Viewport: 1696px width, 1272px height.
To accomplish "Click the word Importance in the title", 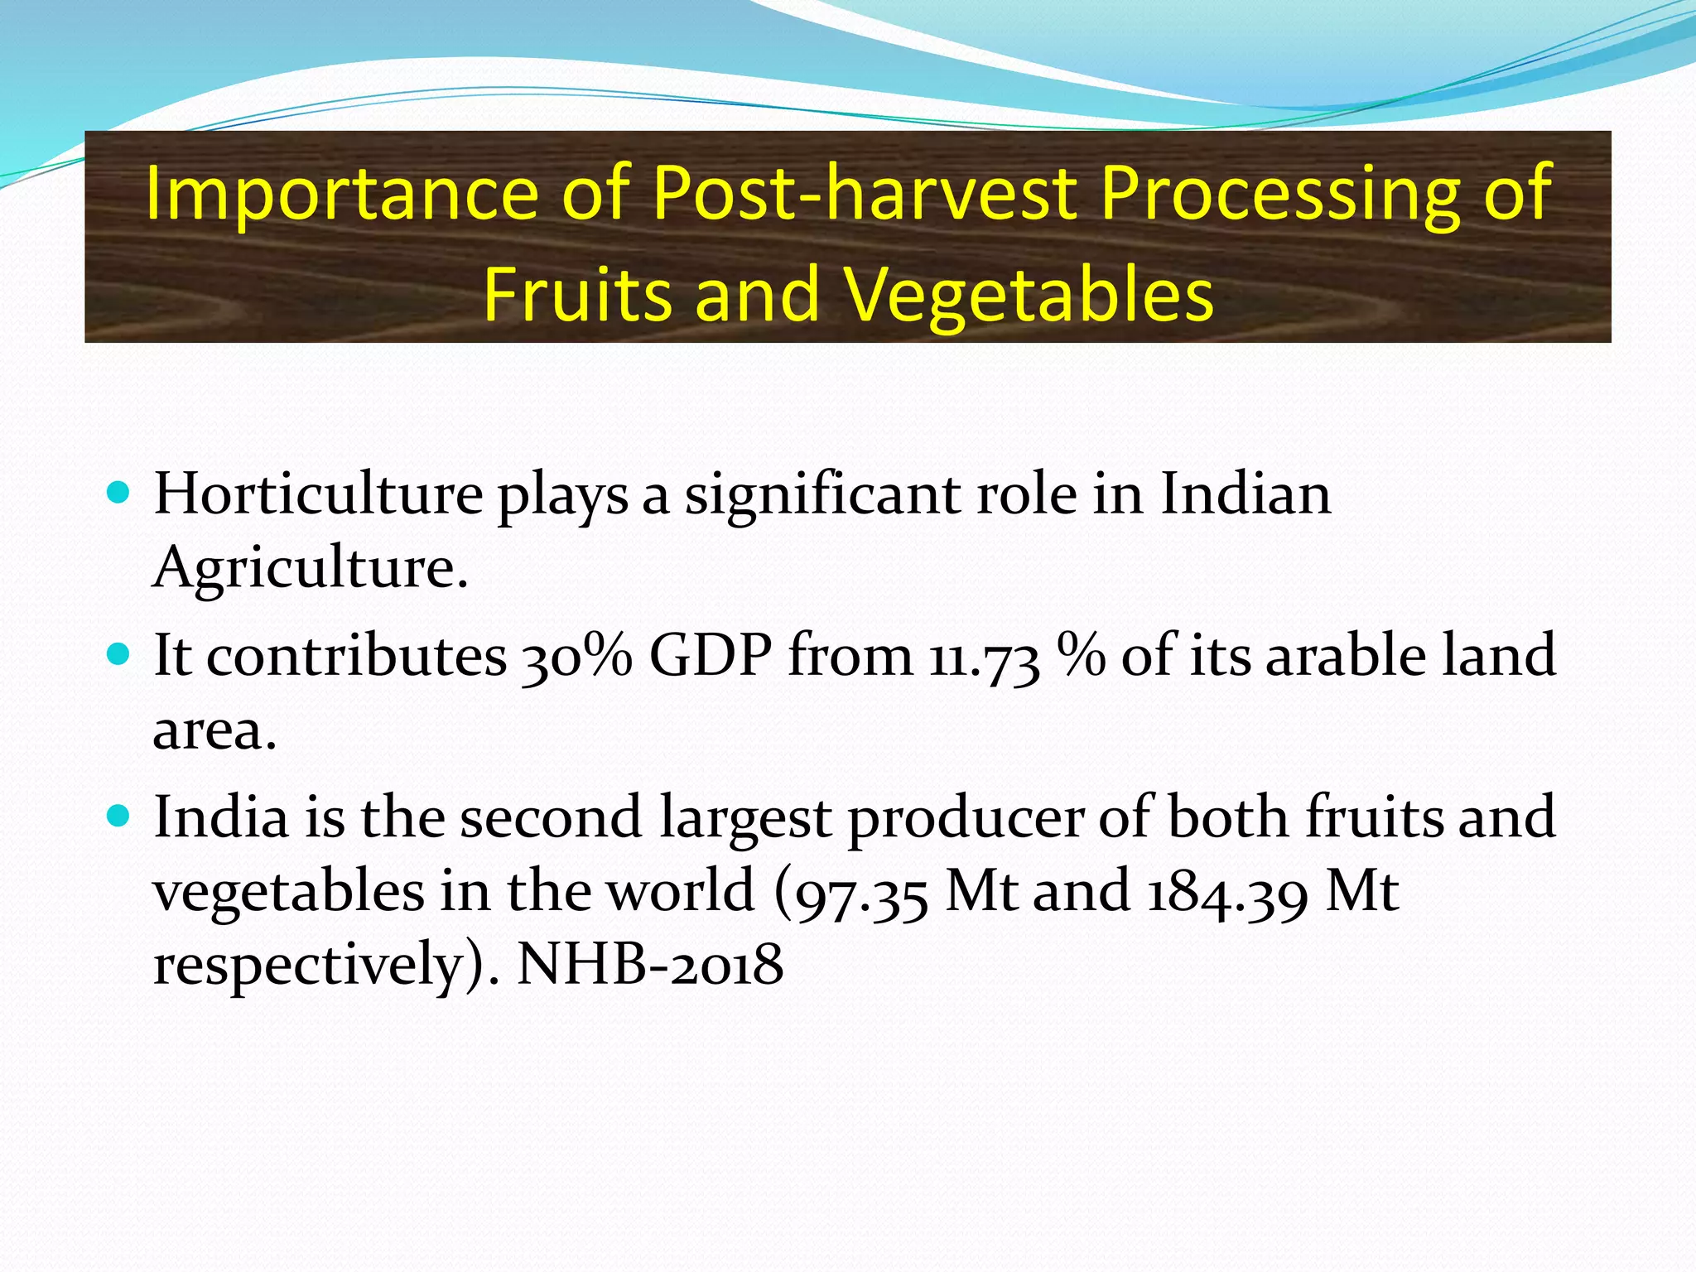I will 342,194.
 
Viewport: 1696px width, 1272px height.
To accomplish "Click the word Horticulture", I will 318,494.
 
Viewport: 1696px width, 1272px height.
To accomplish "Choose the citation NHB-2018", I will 649,966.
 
